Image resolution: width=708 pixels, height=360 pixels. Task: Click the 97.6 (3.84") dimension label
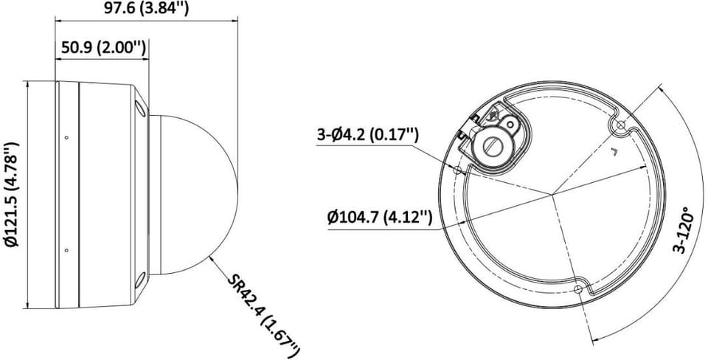tap(146, 7)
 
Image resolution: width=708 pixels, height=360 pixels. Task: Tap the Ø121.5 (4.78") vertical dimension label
tap(13, 195)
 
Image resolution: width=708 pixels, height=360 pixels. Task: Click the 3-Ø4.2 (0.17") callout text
tap(368, 134)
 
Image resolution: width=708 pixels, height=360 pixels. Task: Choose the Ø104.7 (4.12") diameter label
tap(381, 218)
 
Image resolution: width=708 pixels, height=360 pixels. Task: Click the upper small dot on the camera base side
tap(66, 137)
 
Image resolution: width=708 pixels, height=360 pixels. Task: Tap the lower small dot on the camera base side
tap(66, 250)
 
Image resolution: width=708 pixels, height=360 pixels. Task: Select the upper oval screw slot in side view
tap(140, 108)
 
